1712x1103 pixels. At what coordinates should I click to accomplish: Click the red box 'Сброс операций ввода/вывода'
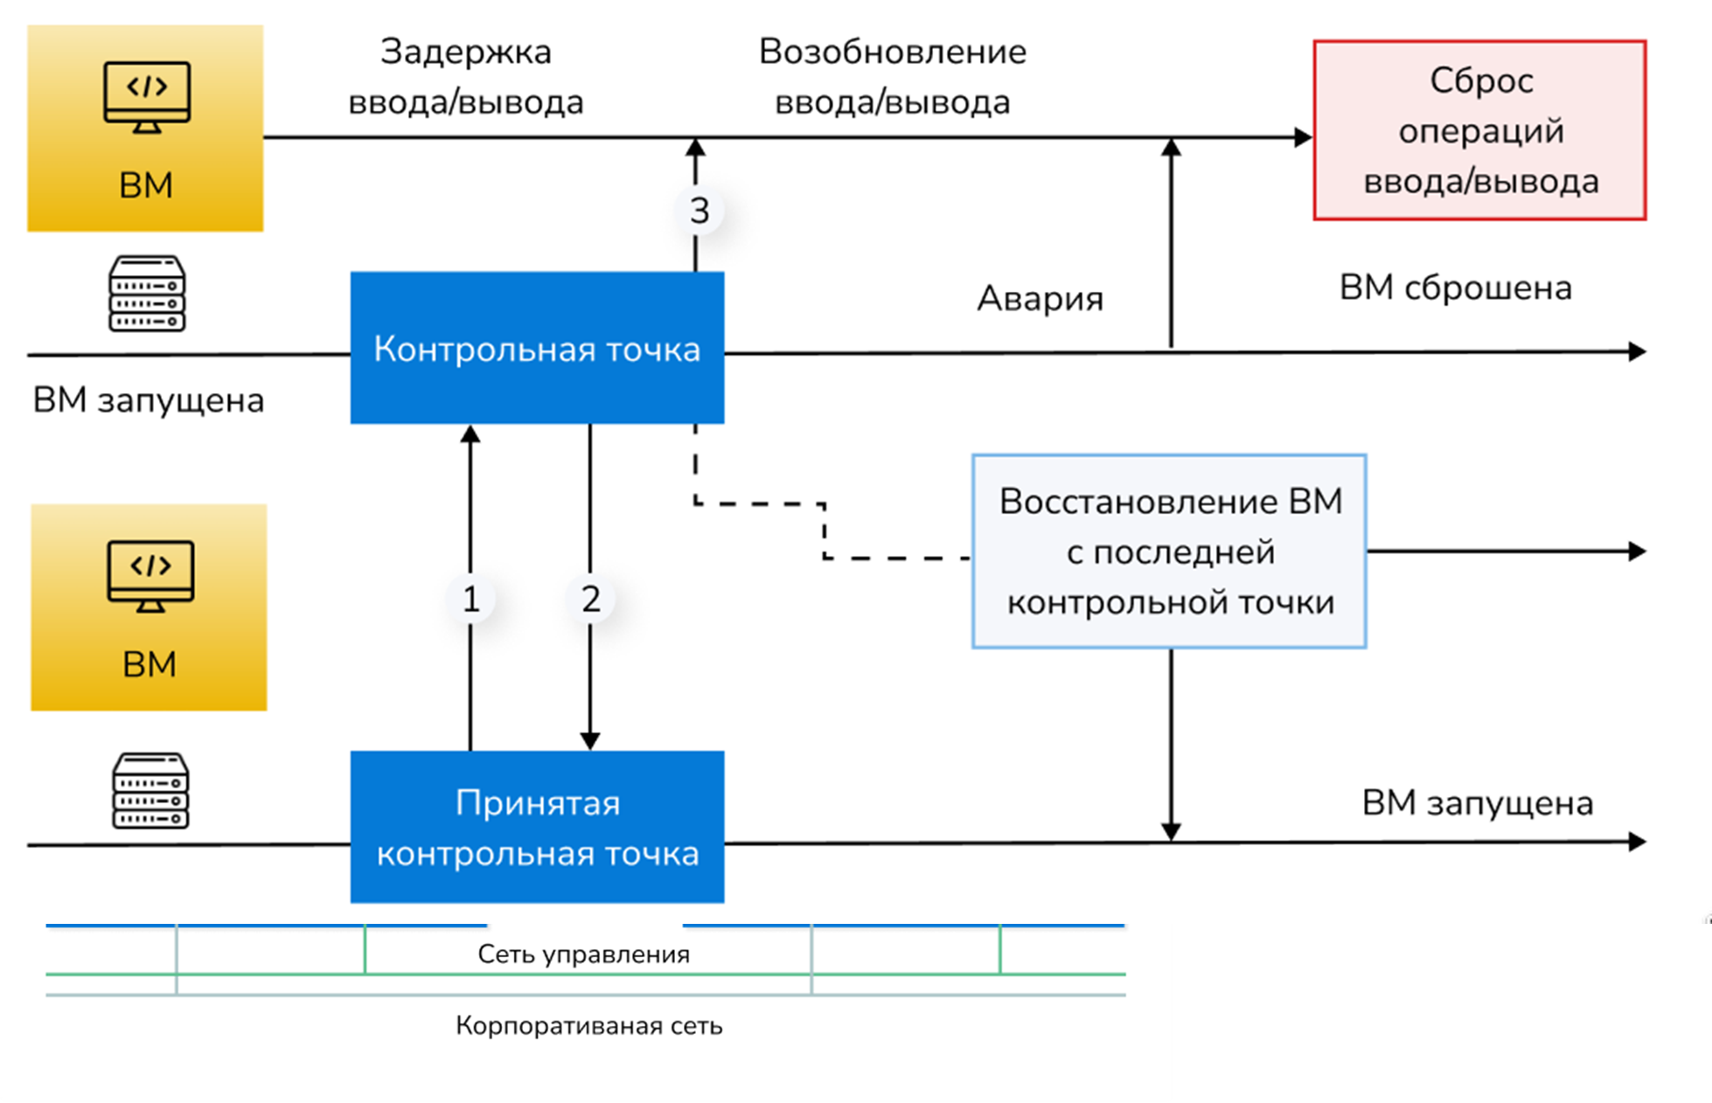pyautogui.click(x=1479, y=130)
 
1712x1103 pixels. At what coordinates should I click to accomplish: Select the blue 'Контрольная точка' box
pyautogui.click(x=537, y=348)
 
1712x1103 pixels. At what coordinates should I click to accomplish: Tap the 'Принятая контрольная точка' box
pyautogui.click(x=537, y=827)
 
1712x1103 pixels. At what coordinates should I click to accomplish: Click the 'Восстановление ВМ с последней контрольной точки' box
pyautogui.click(x=1169, y=551)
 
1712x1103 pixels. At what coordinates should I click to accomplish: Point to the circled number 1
pyautogui.click(x=471, y=600)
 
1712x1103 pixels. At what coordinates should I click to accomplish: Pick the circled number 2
pyautogui.click(x=591, y=600)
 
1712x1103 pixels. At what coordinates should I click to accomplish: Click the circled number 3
pyautogui.click(x=699, y=211)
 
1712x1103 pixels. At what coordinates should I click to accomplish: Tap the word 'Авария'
pyautogui.click(x=1040, y=299)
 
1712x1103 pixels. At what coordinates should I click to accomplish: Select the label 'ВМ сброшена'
pyautogui.click(x=1455, y=288)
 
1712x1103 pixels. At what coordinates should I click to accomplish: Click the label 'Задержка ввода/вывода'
pyautogui.click(x=465, y=77)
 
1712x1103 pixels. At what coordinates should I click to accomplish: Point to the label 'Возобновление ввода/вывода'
pyautogui.click(x=892, y=77)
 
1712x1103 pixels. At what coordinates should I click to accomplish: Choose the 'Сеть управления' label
pyautogui.click(x=583, y=954)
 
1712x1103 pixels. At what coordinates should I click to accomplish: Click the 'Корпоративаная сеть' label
pyautogui.click(x=588, y=1025)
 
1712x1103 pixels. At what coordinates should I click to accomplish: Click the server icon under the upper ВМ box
pyautogui.click(x=147, y=294)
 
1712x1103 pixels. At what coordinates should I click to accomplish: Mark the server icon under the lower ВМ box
pyautogui.click(x=150, y=791)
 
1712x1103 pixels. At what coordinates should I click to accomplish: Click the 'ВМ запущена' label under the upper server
pyautogui.click(x=149, y=400)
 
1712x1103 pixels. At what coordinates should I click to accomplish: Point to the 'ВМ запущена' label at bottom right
pyautogui.click(x=1477, y=802)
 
